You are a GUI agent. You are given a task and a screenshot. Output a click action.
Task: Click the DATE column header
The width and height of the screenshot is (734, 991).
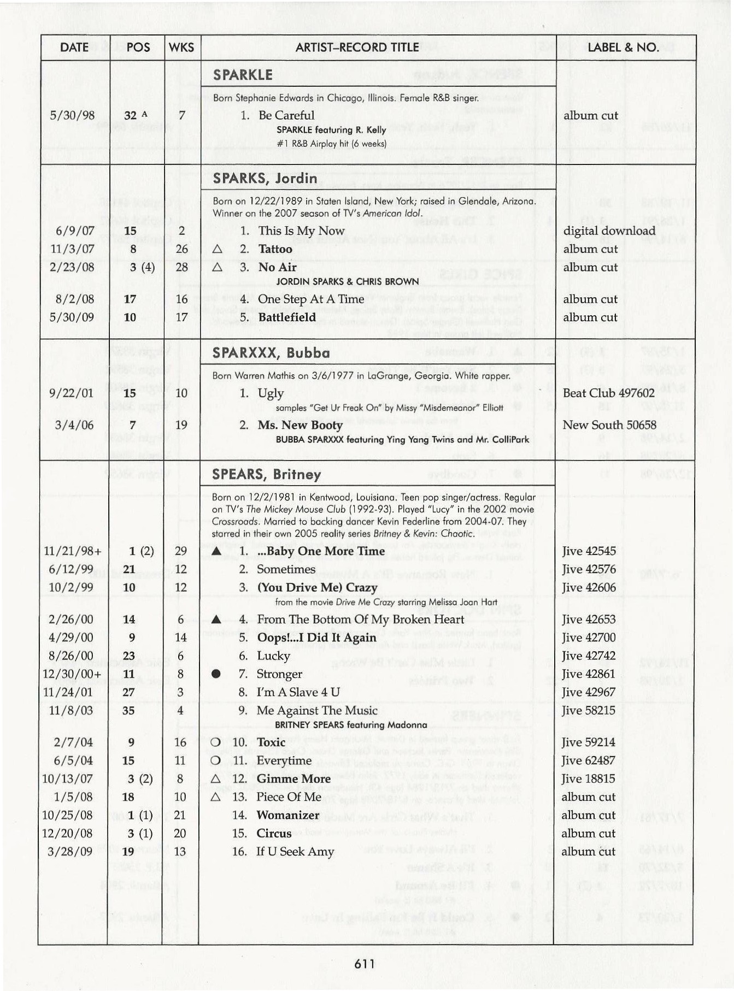tap(74, 48)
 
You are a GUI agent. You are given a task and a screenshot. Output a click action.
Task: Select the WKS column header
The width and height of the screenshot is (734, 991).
tap(181, 48)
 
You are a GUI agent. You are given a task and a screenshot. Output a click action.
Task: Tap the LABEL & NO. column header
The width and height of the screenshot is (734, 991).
tap(623, 48)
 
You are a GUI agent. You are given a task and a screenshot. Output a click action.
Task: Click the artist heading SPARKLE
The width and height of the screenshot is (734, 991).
tap(243, 75)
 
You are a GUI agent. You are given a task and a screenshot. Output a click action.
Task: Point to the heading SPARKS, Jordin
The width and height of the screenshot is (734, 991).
tap(265, 179)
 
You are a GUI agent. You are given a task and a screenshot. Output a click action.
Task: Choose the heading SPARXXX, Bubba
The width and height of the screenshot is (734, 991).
tap(271, 353)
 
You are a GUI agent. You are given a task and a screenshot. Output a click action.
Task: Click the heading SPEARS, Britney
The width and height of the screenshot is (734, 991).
tap(266, 474)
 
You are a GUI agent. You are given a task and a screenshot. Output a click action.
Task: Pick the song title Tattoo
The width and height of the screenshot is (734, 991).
tap(275, 249)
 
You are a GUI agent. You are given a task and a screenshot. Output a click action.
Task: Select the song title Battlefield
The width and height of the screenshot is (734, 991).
tap(287, 317)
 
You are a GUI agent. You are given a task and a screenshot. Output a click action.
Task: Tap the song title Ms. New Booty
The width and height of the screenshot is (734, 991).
tap(300, 425)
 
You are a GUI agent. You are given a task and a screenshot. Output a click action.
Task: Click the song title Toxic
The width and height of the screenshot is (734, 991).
tap(271, 742)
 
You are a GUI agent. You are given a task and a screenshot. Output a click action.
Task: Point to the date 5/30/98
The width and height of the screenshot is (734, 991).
tap(72, 115)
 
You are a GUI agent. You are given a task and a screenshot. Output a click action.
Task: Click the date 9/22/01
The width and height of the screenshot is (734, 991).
tap(71, 393)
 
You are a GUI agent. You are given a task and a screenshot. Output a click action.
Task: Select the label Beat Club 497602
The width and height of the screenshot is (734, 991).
tap(608, 393)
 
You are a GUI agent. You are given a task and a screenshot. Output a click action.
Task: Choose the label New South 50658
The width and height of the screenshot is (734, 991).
tap(609, 425)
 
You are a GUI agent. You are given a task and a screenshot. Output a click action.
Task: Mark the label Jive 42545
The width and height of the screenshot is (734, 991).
tap(589, 551)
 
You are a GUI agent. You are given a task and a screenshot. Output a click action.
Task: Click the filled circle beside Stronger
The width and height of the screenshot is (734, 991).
tap(216, 674)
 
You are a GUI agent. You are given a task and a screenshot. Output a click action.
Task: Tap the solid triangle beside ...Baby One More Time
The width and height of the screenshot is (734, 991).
tap(216, 551)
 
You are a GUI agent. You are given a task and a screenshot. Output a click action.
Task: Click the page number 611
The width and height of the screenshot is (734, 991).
tap(365, 964)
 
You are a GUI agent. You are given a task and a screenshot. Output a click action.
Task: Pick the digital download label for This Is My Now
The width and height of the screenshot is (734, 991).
tap(609, 231)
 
